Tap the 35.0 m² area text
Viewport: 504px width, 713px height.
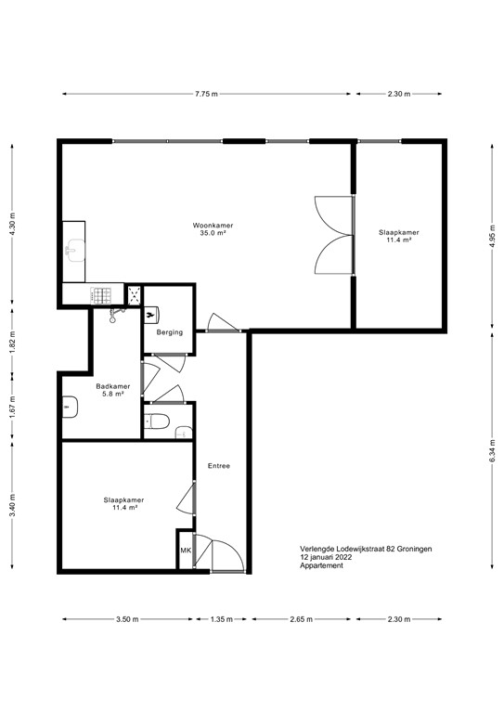point(213,235)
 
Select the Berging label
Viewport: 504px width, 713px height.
point(169,332)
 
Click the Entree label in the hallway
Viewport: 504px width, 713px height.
point(219,466)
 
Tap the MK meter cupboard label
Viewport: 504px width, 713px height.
point(185,551)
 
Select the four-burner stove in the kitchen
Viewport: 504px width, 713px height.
point(100,294)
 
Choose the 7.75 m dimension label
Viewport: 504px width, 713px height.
point(207,94)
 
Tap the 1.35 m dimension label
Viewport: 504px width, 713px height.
point(221,618)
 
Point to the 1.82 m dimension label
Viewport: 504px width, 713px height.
point(12,343)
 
